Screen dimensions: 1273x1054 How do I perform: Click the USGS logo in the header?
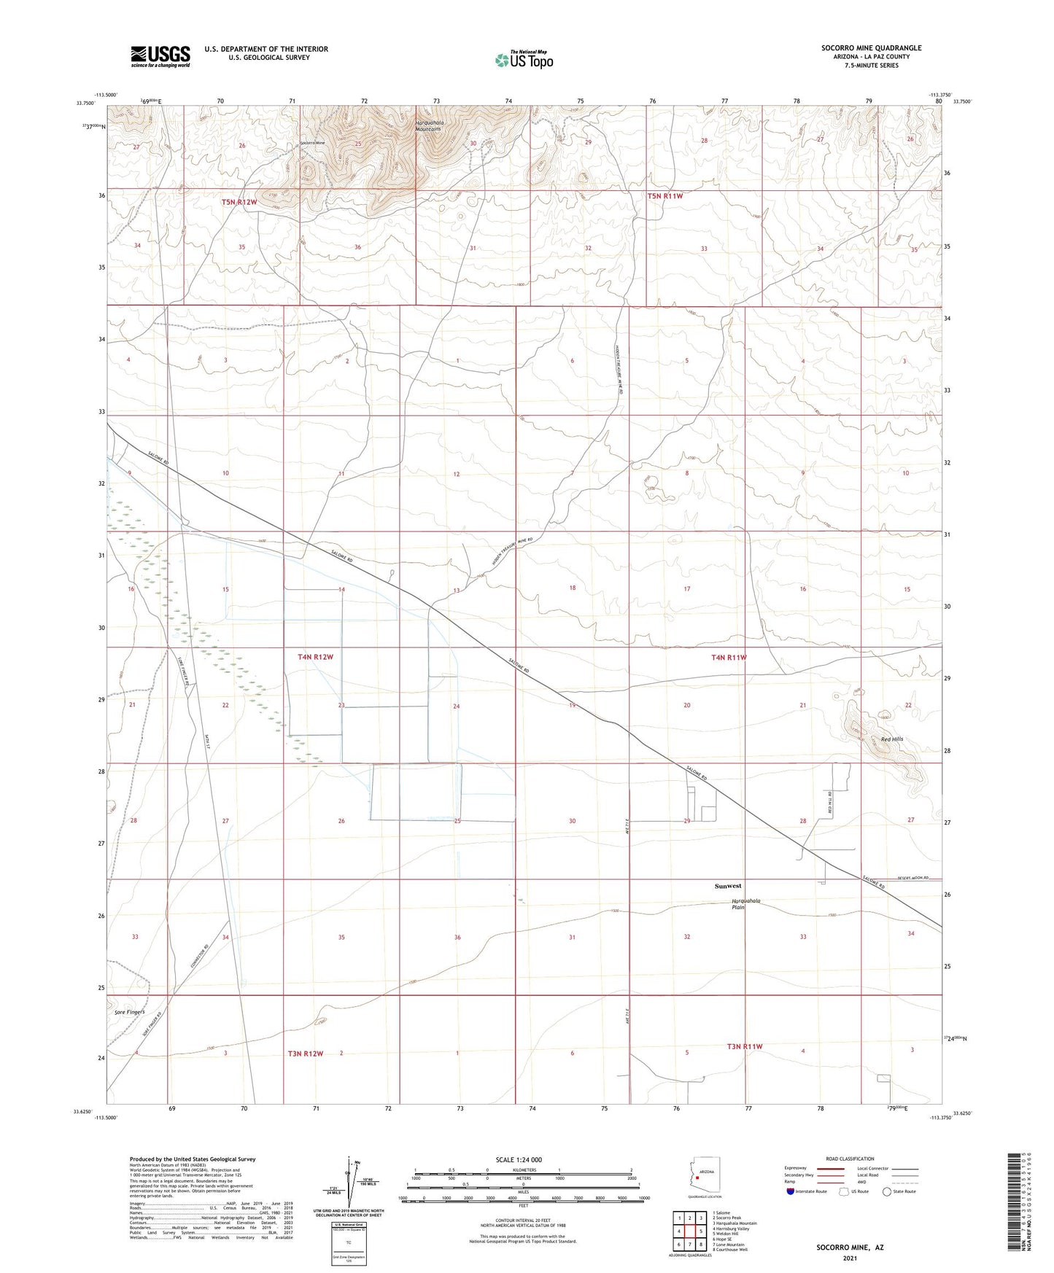160,55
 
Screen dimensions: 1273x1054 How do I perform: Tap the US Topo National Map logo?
524,59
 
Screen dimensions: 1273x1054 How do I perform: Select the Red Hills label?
891,739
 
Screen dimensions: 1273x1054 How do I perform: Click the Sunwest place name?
727,886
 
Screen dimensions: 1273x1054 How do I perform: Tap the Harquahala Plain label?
746,904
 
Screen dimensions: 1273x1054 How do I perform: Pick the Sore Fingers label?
130,1012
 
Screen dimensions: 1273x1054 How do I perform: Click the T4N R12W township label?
315,657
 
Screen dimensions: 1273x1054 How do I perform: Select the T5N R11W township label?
665,196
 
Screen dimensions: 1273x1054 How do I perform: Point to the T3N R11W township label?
744,1046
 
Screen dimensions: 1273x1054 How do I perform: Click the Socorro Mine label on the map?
313,143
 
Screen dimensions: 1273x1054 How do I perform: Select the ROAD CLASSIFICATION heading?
850,1159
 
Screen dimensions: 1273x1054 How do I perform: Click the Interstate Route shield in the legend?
791,1191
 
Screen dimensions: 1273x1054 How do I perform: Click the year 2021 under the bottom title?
850,1258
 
